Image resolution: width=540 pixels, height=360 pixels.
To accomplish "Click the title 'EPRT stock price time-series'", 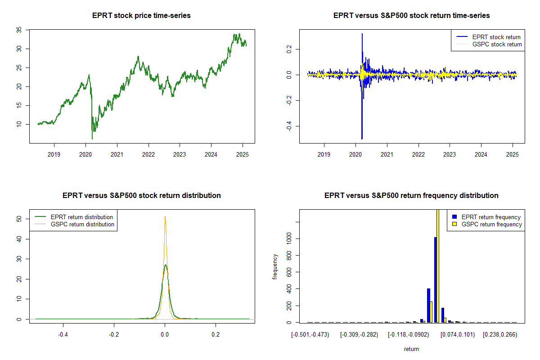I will [x=141, y=16].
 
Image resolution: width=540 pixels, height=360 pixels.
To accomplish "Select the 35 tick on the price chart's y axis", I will [x=18, y=30].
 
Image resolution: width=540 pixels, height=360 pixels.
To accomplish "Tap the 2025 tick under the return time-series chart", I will [x=513, y=153].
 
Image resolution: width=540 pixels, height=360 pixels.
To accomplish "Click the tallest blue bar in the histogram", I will [x=436, y=279].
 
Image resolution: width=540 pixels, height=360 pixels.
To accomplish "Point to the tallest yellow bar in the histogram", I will [x=438, y=265].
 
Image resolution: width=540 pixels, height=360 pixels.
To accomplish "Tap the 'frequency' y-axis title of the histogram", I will [x=275, y=266].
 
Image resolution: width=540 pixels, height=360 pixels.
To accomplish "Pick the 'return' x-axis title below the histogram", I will [x=411, y=349].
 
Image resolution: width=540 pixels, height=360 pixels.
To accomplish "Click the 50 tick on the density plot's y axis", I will [x=18, y=219].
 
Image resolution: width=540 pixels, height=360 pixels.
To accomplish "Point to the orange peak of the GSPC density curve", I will [x=165, y=217].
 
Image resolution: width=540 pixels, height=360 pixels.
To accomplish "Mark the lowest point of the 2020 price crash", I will [x=92, y=139].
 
